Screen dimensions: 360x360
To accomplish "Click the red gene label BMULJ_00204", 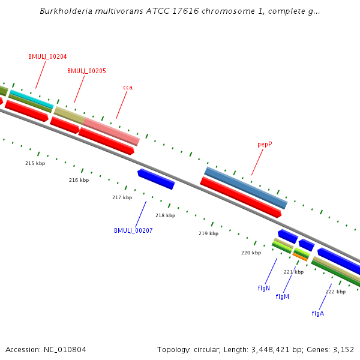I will coord(47,56).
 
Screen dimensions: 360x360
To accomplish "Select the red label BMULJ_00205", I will coord(86,71).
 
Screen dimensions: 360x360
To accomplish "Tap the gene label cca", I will coord(128,87).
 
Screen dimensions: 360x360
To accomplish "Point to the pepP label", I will coord(265,144).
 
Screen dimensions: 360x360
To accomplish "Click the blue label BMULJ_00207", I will coord(133,230).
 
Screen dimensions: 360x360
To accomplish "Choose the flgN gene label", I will coord(264,288).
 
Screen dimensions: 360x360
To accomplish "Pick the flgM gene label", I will coord(283,296).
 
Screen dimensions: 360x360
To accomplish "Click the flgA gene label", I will coord(317,313).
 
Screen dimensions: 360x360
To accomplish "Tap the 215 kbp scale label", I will coord(35,163).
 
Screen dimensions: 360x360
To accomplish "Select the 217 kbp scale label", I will coord(122,197).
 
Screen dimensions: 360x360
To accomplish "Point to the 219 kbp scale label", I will coord(208,233).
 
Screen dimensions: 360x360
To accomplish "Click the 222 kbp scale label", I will coord(335,292).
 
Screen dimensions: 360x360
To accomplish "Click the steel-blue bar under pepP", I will coord(246,188).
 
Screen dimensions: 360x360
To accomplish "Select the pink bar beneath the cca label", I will coord(112,131).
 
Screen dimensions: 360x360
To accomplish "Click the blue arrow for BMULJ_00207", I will coord(156,179).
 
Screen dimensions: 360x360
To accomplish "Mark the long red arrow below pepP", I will coord(241,197).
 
